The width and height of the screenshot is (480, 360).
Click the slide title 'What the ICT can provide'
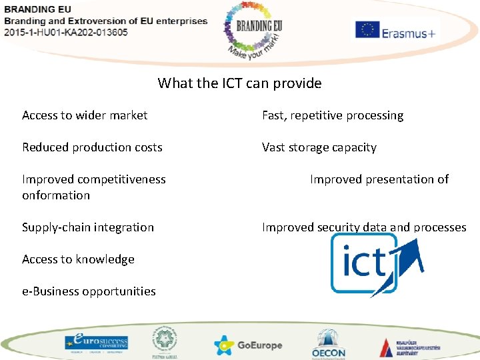[x=239, y=83]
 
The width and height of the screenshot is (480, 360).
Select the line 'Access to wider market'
[x=85, y=115]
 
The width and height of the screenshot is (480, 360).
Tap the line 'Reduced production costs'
[x=92, y=147]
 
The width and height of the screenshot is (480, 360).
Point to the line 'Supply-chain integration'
[x=88, y=227]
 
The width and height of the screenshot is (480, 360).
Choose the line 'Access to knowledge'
[x=78, y=259]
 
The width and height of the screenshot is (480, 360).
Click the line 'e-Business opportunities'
[x=89, y=291]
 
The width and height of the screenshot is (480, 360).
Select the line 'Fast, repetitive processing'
[x=333, y=115]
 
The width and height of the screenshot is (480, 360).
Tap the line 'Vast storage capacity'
[x=319, y=147]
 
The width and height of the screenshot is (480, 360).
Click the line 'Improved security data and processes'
[x=364, y=227]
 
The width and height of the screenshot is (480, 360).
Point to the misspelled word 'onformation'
[x=56, y=195]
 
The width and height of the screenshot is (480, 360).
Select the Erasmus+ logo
[x=395, y=31]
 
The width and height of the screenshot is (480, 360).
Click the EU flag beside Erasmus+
[x=367, y=30]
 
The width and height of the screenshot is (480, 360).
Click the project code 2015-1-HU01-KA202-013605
[x=66, y=33]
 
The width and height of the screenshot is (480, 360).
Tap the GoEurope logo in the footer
[x=248, y=345]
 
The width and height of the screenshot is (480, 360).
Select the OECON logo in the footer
[x=328, y=343]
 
